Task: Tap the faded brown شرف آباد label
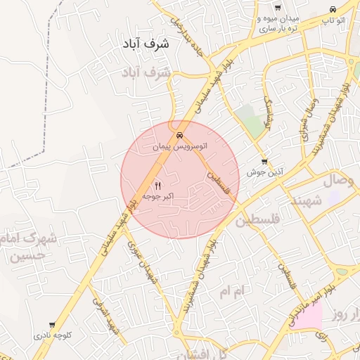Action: (146, 72)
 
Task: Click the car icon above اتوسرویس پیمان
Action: (180, 135)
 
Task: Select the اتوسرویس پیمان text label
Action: (181, 148)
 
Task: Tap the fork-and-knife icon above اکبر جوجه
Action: (157, 186)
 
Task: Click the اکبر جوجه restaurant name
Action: (158, 198)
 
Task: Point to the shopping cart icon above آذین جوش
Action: (264, 161)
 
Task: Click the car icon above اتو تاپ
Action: (332, 10)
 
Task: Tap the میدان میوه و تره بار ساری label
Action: (279, 22)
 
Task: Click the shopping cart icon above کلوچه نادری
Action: (55, 325)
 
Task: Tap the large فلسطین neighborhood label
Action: (257, 220)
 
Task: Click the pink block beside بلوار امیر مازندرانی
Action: (308, 316)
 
